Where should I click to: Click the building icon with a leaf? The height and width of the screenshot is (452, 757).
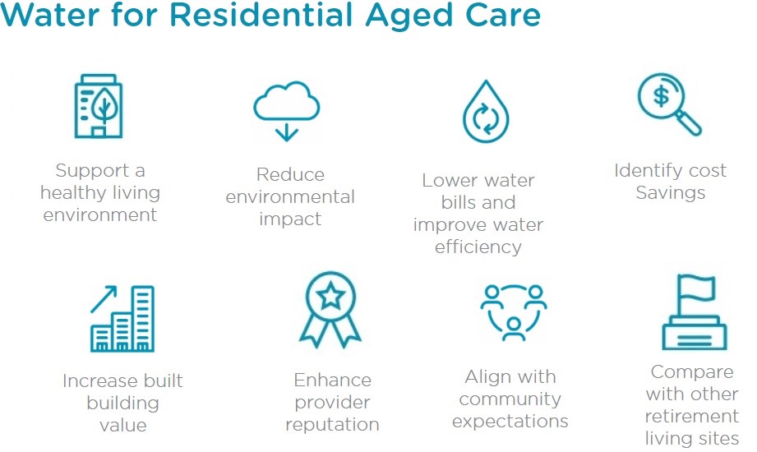[x=99, y=106]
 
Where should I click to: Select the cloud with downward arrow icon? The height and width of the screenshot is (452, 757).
[x=287, y=111]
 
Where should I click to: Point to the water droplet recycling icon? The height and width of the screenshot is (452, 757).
[x=486, y=112]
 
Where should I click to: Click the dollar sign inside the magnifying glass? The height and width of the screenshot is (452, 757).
[x=661, y=96]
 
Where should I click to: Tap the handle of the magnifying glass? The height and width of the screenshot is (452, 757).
[x=689, y=123]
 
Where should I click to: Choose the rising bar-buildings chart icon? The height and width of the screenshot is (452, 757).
[x=122, y=318]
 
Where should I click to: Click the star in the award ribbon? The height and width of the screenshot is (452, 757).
[x=330, y=296]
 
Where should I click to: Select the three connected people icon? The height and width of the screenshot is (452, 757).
[x=513, y=312]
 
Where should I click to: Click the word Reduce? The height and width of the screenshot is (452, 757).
[x=290, y=174]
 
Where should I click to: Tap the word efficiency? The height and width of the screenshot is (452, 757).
[x=478, y=247]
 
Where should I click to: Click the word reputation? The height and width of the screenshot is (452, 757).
[x=332, y=426]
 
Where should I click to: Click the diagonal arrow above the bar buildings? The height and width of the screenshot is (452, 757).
[x=104, y=299]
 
